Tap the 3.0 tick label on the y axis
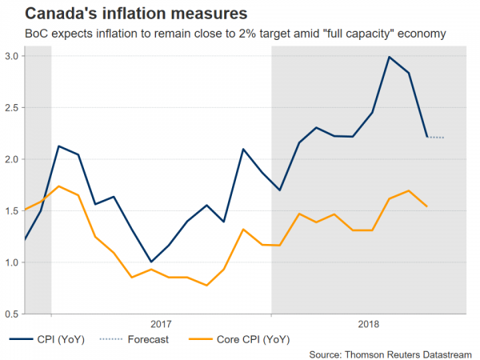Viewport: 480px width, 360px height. (11, 56)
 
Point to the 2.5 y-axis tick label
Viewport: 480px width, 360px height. (11, 108)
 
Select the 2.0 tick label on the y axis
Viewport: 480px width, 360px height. (11, 159)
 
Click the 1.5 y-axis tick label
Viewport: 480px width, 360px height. (11, 211)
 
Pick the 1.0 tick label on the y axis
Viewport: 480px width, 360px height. (11, 262)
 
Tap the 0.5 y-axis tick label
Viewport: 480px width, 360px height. (11, 314)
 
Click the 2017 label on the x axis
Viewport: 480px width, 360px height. (161, 323)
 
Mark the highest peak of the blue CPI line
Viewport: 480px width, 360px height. (389, 57)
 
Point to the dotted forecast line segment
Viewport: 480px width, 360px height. (436, 138)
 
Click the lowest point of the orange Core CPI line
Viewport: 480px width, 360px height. (206, 286)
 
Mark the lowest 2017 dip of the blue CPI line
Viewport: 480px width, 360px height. (151, 262)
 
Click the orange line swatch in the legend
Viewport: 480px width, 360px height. (198, 340)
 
